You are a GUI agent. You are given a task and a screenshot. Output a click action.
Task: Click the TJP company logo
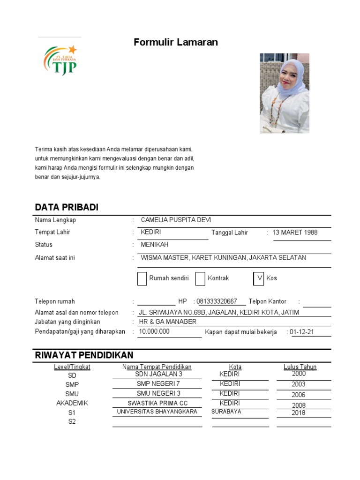click(60, 59)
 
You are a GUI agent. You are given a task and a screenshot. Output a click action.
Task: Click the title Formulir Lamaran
click(176, 42)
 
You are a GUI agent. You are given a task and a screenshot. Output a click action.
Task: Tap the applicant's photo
click(285, 93)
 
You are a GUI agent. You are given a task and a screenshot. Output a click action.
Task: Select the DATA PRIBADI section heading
click(67, 208)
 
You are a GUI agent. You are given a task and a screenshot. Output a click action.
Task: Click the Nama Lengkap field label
click(55, 220)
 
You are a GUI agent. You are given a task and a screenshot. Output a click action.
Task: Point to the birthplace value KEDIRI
click(151, 232)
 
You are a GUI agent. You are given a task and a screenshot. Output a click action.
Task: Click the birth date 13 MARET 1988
click(295, 232)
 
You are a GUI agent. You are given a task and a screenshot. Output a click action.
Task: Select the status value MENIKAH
click(154, 245)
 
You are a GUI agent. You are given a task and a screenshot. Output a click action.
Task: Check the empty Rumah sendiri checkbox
click(142, 278)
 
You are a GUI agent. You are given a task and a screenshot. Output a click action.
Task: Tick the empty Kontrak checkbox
click(200, 278)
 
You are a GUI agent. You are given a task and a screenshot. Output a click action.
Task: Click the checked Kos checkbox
click(259, 278)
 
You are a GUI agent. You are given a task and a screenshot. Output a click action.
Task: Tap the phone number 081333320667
click(217, 301)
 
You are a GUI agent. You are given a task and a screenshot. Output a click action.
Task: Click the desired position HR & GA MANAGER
click(167, 322)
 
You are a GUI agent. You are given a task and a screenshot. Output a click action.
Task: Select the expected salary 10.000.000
click(154, 331)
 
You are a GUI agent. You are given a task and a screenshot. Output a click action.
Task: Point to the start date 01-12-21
click(302, 332)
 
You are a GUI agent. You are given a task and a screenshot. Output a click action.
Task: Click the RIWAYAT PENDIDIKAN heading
click(84, 355)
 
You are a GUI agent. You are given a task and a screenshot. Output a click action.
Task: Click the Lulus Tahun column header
click(300, 367)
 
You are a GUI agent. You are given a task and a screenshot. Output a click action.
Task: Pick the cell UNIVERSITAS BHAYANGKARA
click(157, 412)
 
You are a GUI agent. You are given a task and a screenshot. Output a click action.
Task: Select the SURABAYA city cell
click(226, 412)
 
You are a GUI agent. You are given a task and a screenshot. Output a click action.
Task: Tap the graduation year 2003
click(298, 384)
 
